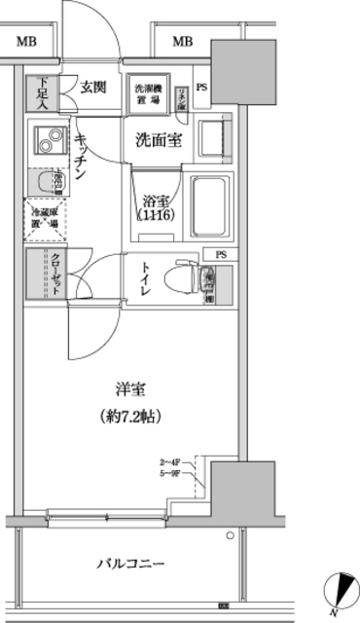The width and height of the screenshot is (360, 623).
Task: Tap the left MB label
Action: coord(26,41)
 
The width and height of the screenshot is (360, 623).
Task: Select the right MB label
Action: coord(181,41)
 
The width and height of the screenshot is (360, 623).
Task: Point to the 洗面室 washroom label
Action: coord(157,139)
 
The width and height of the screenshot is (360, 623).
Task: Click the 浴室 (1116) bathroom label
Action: coord(155,205)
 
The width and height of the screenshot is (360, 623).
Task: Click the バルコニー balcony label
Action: coord(130,563)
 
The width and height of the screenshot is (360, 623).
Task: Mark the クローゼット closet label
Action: coord(55,274)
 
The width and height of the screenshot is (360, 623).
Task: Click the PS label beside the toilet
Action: coord(223,256)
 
